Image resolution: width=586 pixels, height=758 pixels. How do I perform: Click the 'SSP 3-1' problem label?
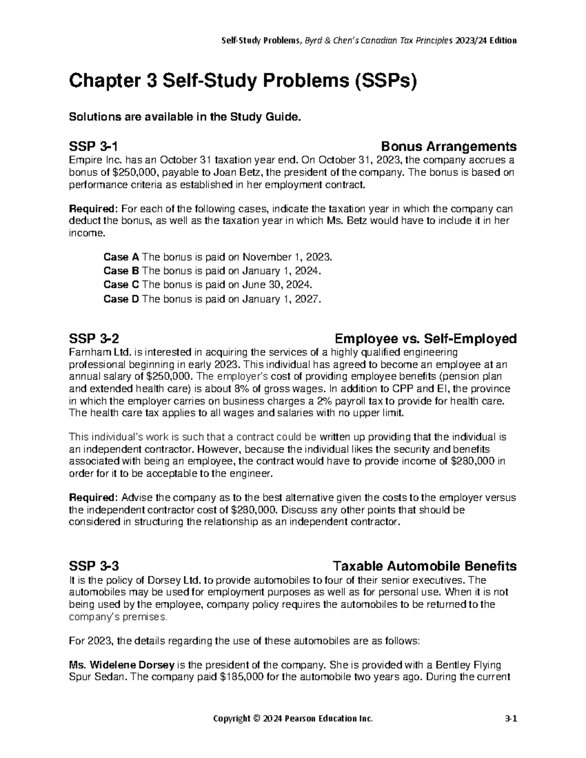(93, 146)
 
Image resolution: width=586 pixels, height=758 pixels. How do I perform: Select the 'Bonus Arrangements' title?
(448, 146)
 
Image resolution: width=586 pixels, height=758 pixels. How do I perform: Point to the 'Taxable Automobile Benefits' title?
(424, 566)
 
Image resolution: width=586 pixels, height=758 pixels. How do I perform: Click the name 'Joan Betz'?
(240, 172)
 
